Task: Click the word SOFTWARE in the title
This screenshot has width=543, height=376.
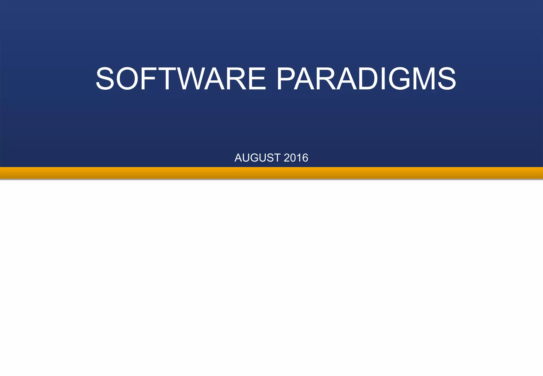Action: [181, 79]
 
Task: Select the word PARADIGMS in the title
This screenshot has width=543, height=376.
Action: [366, 79]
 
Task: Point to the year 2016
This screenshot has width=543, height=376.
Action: [296, 158]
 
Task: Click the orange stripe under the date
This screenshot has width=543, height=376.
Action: [271, 173]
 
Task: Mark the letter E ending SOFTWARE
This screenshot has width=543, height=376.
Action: [256, 79]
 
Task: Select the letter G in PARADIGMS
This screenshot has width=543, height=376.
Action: [402, 79]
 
